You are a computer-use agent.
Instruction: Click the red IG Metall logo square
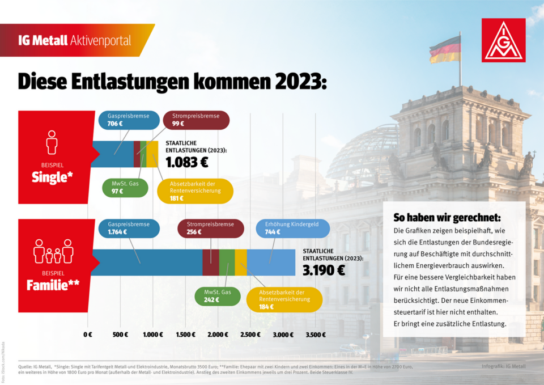tap(503, 40)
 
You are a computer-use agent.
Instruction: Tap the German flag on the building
tap(444, 50)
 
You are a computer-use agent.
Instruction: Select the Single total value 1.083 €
tap(187, 162)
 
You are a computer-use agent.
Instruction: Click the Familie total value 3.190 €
tap(324, 269)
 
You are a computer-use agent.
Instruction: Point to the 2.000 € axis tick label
tap(218, 335)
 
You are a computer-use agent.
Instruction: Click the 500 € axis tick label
tap(120, 335)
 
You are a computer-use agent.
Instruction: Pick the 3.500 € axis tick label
tap(316, 335)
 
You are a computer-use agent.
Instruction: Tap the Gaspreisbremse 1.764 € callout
tap(129, 227)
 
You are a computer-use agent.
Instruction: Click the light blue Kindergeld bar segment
tap(271, 262)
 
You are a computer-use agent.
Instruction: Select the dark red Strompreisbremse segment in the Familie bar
tap(210, 262)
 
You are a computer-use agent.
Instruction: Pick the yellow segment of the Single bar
tap(152, 154)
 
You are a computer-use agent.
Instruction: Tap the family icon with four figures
tap(53, 252)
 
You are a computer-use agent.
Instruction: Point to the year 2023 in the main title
tap(301, 81)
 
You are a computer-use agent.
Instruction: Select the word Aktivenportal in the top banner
tap(100, 40)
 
